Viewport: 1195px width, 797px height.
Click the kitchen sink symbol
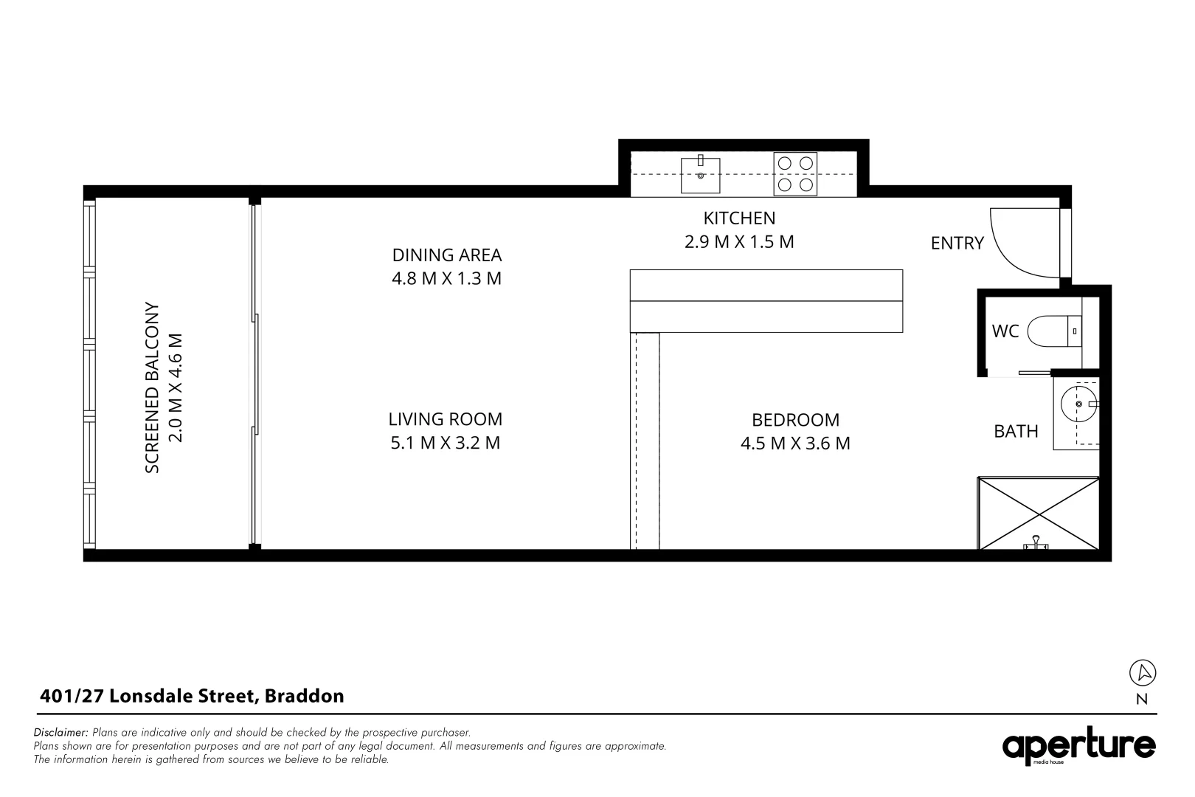(x=700, y=175)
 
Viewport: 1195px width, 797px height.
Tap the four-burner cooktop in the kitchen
(x=795, y=174)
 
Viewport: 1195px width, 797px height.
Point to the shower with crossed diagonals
(x=1038, y=514)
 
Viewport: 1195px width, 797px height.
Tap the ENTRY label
(x=957, y=243)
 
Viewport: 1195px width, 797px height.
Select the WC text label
(x=1005, y=331)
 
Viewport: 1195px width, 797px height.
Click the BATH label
(x=1016, y=432)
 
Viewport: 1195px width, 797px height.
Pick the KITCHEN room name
(x=739, y=218)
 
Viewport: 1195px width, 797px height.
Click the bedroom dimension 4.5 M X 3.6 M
(x=795, y=444)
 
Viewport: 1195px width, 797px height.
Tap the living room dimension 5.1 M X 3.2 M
(x=446, y=444)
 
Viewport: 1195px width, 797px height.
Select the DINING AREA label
(x=446, y=255)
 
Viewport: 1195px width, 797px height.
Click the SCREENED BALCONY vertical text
(x=152, y=387)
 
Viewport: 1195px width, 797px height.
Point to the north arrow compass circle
(x=1143, y=672)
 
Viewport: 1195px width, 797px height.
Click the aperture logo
(x=1078, y=747)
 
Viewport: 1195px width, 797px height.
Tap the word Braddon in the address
(x=304, y=696)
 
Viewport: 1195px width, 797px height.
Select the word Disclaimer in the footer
(x=60, y=733)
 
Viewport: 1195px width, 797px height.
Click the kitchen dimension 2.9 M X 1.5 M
(x=739, y=242)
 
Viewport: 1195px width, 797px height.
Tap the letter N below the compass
(x=1142, y=700)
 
